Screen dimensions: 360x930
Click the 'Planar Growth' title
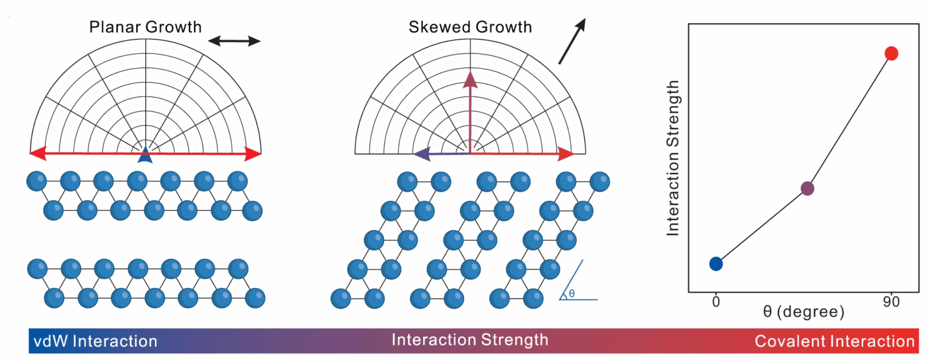145,27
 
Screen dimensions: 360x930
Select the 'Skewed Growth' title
470,27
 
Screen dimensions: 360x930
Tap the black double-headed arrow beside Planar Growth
234,41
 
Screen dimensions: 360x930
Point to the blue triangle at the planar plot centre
145,155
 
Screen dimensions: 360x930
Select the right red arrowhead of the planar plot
252,153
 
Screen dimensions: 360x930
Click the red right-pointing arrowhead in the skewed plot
566,154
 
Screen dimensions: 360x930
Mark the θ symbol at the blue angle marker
572,294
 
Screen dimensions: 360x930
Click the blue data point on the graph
716,264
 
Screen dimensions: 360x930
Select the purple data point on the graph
807,188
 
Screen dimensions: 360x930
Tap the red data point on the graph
891,54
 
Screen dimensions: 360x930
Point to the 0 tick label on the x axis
716,302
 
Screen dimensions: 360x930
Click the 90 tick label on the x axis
891,302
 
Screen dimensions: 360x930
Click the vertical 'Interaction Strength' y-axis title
673,158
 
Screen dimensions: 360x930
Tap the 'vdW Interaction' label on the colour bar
95,341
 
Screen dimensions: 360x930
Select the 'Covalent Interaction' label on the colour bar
835,341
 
